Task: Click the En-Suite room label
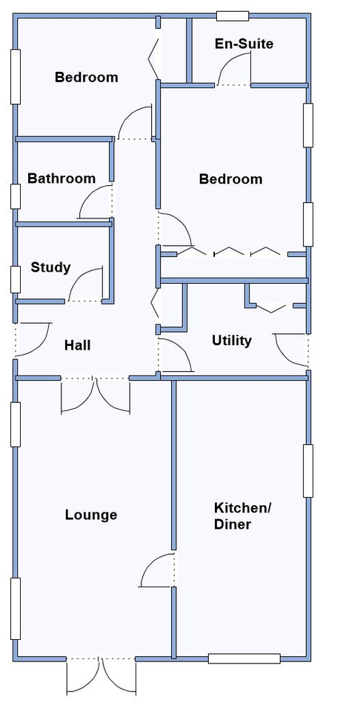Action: (x=244, y=44)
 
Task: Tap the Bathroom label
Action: (x=61, y=178)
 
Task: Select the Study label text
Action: (x=51, y=267)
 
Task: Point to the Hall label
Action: (x=78, y=346)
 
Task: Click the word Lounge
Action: (x=91, y=515)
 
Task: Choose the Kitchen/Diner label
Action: (x=242, y=516)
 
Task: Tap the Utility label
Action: (x=232, y=341)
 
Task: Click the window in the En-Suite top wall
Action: (x=233, y=16)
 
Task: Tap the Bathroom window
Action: (x=16, y=196)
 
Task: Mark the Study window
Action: (x=16, y=280)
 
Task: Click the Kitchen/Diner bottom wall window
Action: (x=244, y=658)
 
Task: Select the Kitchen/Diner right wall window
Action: (x=308, y=471)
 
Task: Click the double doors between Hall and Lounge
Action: (x=96, y=395)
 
